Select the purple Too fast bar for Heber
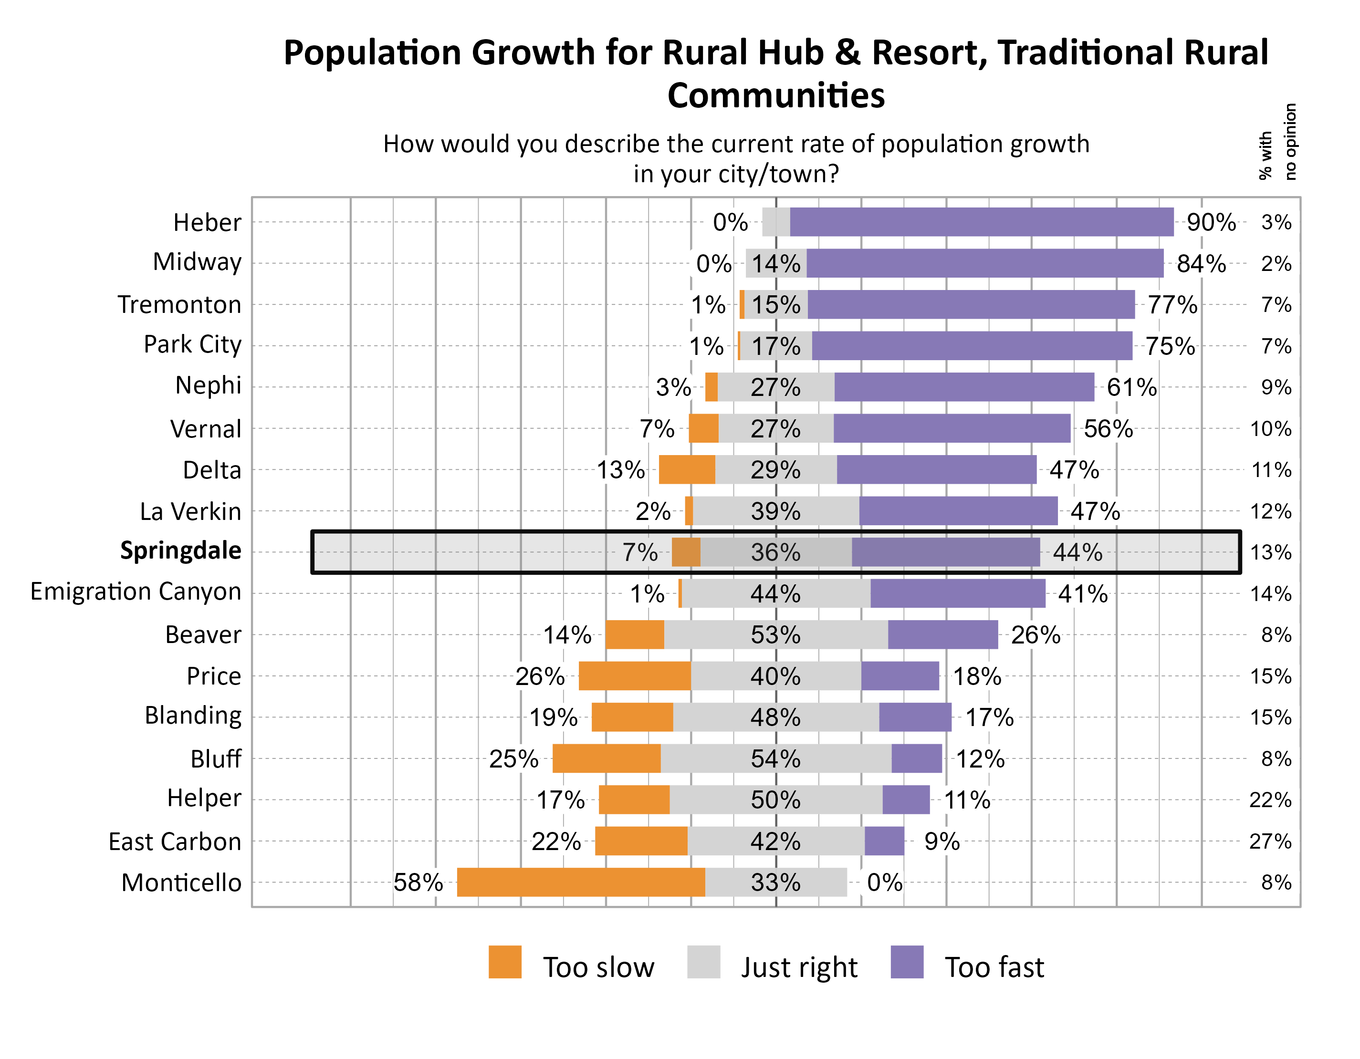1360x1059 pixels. pos(982,222)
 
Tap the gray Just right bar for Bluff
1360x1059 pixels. pos(775,758)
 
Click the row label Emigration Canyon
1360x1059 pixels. pos(136,592)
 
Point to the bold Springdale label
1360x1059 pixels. pos(180,550)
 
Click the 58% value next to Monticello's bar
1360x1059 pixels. pos(418,882)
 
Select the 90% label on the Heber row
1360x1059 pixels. pos(1211,222)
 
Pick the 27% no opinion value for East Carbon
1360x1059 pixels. pos(1270,841)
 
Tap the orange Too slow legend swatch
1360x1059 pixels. pos(504,962)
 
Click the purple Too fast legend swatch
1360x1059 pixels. pos(907,962)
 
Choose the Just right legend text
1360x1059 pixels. pos(799,967)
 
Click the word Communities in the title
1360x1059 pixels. pos(776,95)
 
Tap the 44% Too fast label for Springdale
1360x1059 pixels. pos(1078,552)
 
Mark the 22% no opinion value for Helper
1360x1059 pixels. pos(1270,799)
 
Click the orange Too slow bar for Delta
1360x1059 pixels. pos(686,469)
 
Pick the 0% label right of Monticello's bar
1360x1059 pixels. pos(884,882)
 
